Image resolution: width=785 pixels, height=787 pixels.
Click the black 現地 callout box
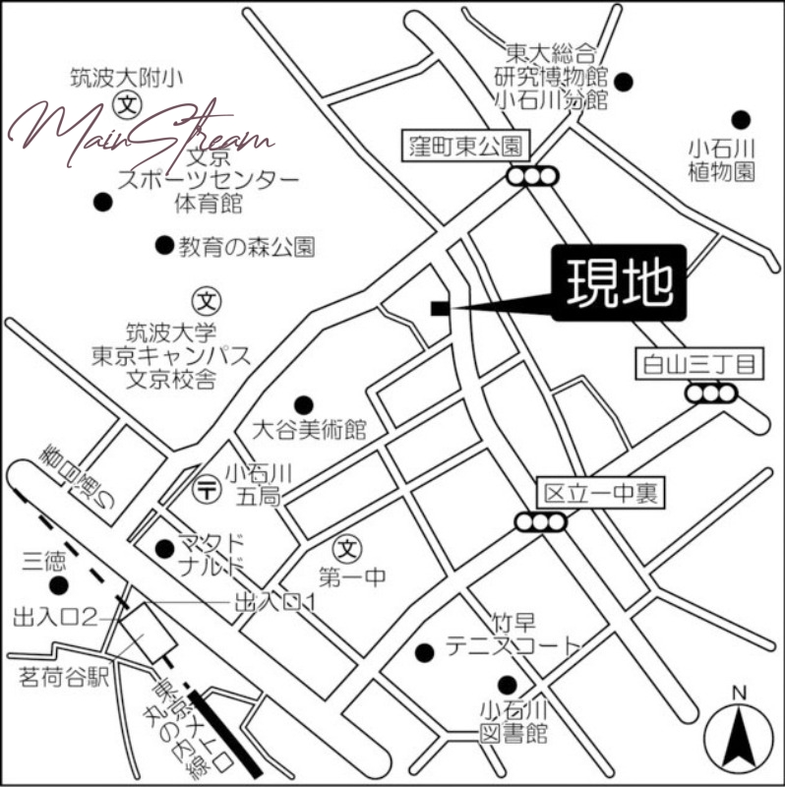[x=618, y=282]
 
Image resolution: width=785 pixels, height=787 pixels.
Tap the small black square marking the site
[x=439, y=309]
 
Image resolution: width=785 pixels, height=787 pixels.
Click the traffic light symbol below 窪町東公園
[x=532, y=176]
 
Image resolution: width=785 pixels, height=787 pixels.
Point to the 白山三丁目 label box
[x=699, y=365]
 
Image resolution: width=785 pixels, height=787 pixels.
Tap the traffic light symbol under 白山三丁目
[x=712, y=393]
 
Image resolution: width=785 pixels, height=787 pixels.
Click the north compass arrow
[x=740, y=733]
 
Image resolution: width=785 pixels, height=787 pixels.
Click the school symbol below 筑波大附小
[x=127, y=103]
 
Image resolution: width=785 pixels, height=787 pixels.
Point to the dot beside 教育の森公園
[x=164, y=244]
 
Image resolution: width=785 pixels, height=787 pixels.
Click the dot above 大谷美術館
[x=303, y=404]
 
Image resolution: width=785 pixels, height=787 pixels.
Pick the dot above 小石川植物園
[x=740, y=120]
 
